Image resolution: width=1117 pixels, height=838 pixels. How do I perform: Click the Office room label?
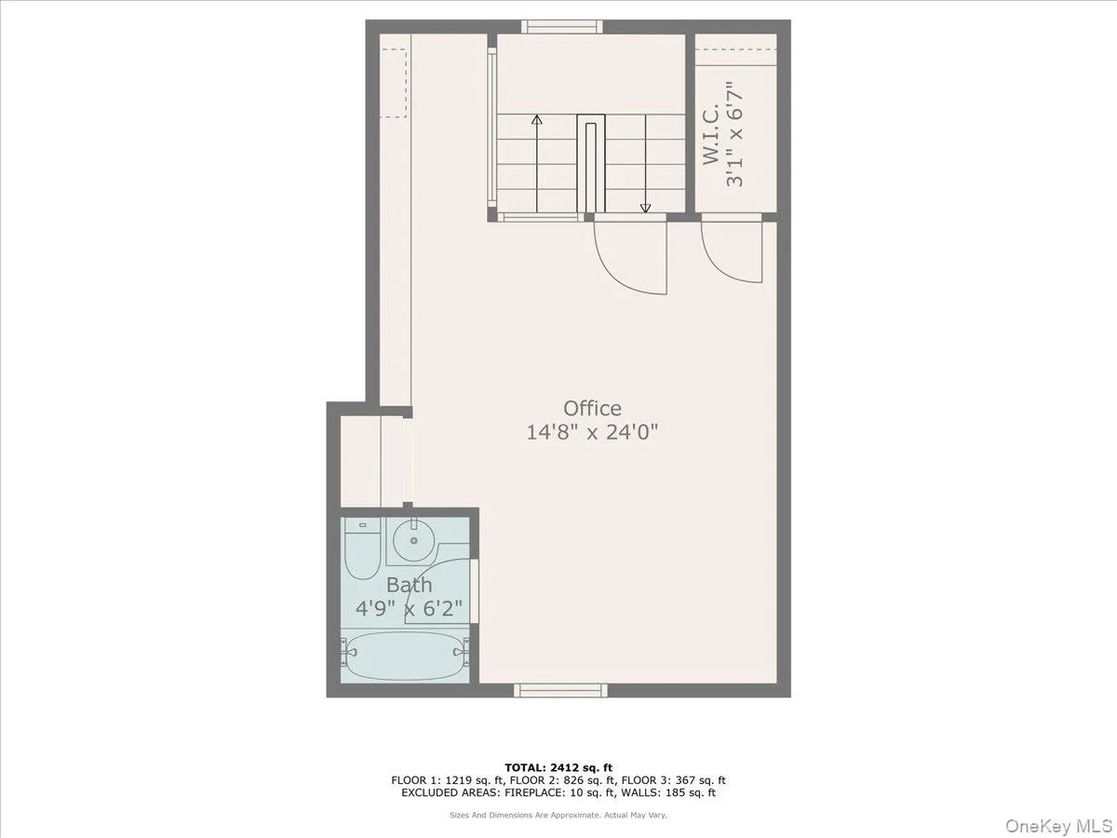coord(592,409)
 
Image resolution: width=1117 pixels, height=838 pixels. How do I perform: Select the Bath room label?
coord(410,586)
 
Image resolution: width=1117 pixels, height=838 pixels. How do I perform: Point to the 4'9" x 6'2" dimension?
coord(410,609)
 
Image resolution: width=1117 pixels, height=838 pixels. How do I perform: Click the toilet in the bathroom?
coord(358,549)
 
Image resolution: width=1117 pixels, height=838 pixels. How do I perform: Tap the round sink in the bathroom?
coord(407,537)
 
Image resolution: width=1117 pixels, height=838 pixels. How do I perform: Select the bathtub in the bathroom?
coord(401,658)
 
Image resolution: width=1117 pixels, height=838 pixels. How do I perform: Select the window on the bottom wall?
coord(561,690)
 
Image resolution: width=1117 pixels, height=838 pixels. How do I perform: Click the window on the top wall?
coord(561,27)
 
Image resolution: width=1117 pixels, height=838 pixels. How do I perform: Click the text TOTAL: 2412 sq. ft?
coord(558,767)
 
